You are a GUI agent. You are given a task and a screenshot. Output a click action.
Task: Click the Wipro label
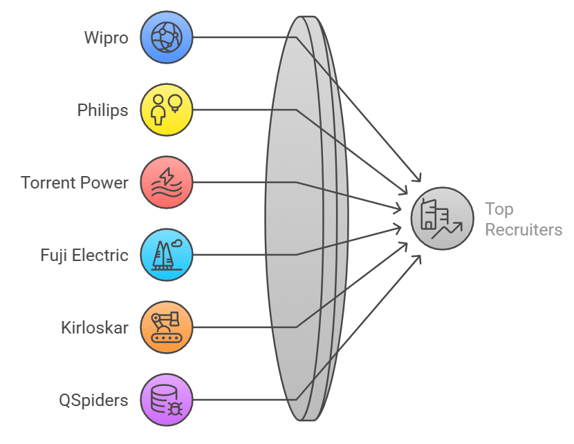tap(107, 38)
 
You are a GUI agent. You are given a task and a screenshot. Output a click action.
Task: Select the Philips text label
tap(102, 110)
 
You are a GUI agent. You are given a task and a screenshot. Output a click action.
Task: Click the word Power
tap(104, 183)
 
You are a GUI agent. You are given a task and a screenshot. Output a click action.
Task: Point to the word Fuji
tap(54, 255)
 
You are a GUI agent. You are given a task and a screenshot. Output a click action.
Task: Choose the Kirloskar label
tap(95, 328)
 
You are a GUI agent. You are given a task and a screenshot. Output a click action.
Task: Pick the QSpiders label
tap(94, 400)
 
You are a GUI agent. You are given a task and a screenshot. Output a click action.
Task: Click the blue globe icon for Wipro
tap(167, 37)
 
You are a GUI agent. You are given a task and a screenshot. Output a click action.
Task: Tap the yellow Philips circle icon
tap(167, 110)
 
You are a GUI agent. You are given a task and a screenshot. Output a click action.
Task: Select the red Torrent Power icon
tap(167, 182)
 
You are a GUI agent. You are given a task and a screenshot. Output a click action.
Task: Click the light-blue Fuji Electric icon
tap(167, 255)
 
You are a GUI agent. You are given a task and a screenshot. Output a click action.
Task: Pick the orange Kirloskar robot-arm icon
tap(167, 327)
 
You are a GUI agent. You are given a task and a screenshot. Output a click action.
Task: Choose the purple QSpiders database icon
tap(167, 400)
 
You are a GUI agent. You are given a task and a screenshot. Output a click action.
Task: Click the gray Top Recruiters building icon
tap(442, 218)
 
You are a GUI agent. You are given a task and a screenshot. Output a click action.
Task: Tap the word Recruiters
tap(524, 230)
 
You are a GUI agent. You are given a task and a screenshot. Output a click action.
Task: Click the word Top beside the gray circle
tap(499, 210)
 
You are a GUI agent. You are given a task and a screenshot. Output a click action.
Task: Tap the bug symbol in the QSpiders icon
tap(176, 409)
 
